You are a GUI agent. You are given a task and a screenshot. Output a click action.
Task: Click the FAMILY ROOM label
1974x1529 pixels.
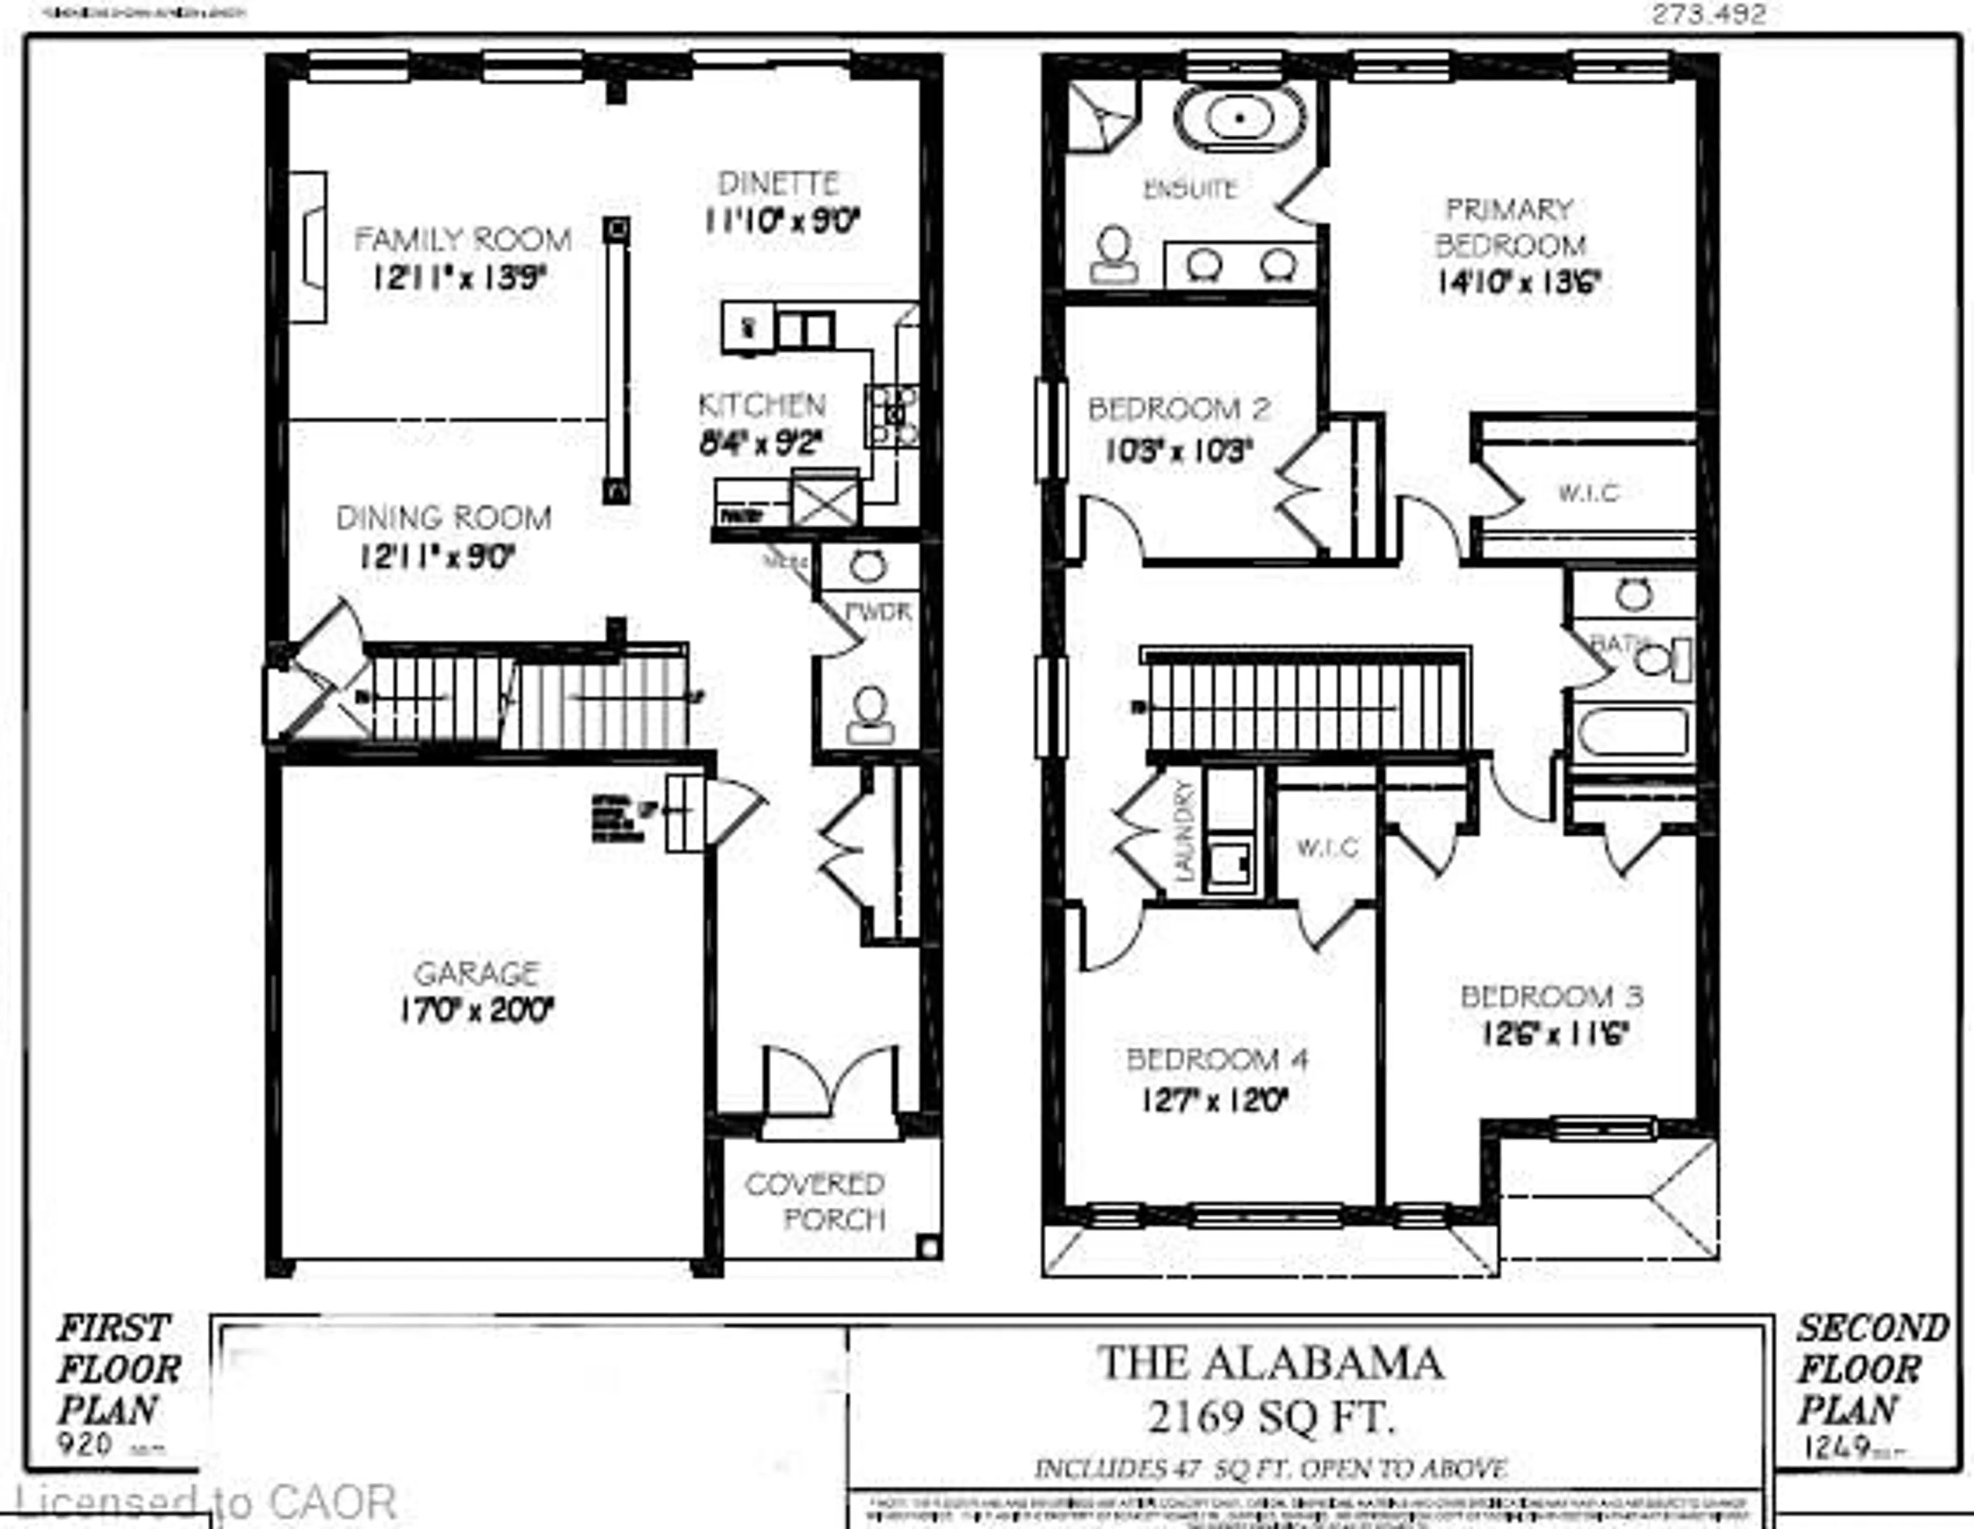462,240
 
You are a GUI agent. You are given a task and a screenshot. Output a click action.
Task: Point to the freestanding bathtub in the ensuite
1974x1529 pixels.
1240,118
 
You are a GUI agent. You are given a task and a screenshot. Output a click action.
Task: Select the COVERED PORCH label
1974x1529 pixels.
814,1202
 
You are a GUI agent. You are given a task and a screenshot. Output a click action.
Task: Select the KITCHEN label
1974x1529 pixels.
762,405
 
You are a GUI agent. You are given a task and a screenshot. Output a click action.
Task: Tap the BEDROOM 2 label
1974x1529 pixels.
1179,409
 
